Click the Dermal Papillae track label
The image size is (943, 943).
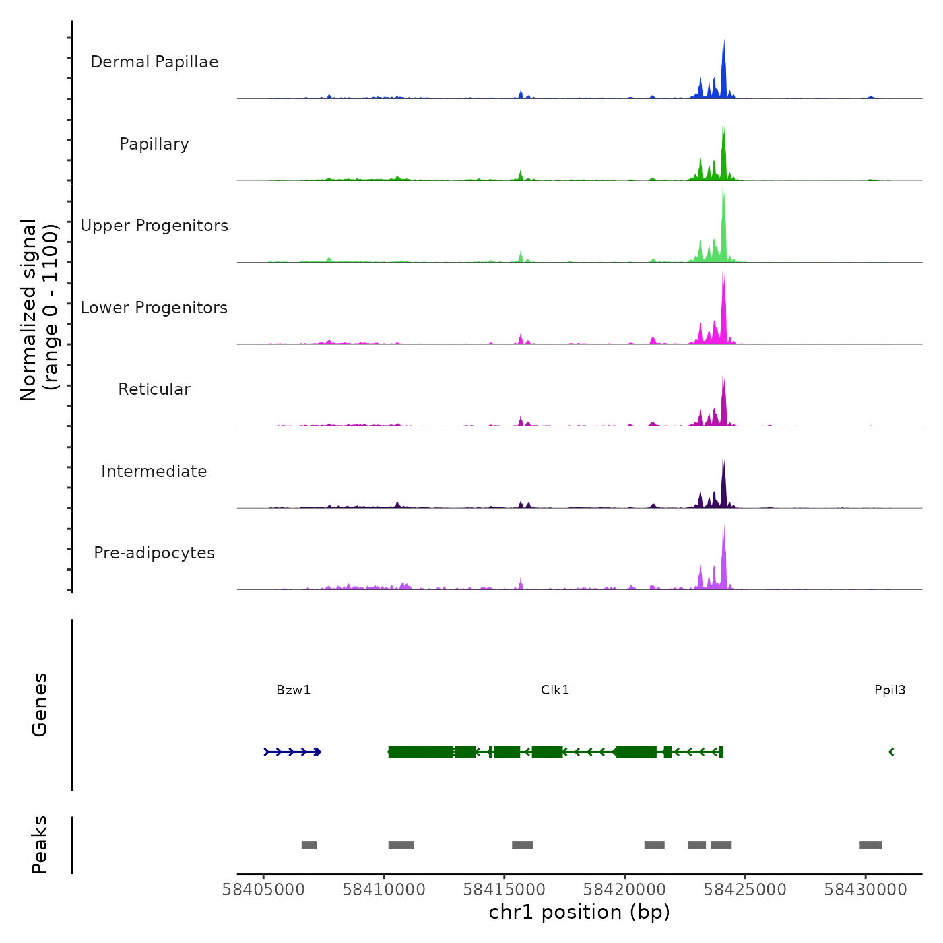pyautogui.click(x=154, y=62)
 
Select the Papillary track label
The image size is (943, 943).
pyautogui.click(x=154, y=144)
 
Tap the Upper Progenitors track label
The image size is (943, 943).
pyautogui.click(x=154, y=226)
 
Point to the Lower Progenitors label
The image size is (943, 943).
pyautogui.click(x=154, y=308)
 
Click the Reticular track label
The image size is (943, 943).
pyautogui.click(x=154, y=389)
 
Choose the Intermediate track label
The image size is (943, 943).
pyautogui.click(x=154, y=471)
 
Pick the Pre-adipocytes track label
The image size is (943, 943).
pyautogui.click(x=154, y=553)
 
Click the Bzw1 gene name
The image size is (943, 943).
pyautogui.click(x=294, y=690)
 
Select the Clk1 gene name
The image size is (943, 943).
pyautogui.click(x=555, y=690)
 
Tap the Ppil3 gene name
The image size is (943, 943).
pyautogui.click(x=890, y=690)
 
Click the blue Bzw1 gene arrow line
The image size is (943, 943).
pyautogui.click(x=292, y=752)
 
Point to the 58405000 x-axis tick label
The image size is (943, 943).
pyautogui.click(x=263, y=890)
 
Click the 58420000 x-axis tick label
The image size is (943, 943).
pyautogui.click(x=624, y=890)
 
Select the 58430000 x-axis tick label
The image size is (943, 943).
pyautogui.click(x=866, y=890)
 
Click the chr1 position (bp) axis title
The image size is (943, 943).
pyautogui.click(x=579, y=913)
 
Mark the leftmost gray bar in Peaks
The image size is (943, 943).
pyautogui.click(x=309, y=845)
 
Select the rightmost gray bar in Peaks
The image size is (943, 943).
pyautogui.click(x=870, y=845)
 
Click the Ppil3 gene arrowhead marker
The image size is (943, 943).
pyautogui.click(x=891, y=752)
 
